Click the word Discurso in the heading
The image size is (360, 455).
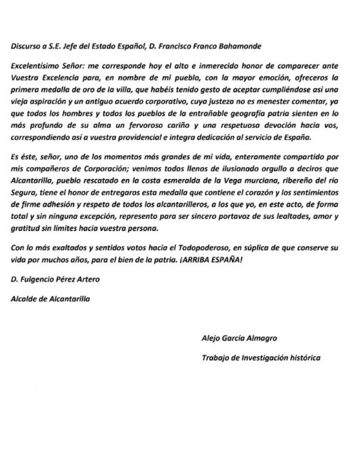tap(28, 46)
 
